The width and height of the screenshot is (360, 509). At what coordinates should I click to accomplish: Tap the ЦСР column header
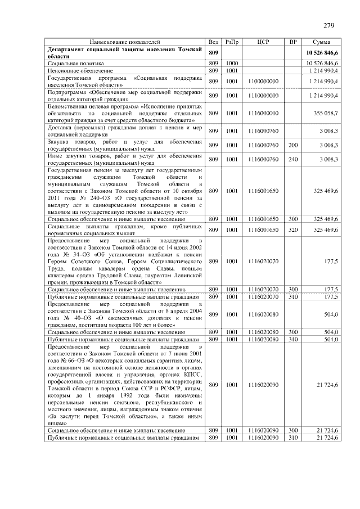263,42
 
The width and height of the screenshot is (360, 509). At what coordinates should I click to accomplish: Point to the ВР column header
292,42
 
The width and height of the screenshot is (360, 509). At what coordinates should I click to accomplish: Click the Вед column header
213,42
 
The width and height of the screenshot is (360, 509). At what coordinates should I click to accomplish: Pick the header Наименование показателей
125,42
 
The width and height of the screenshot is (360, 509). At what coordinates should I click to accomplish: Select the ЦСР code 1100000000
263,82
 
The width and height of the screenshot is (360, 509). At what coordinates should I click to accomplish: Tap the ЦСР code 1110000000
263,96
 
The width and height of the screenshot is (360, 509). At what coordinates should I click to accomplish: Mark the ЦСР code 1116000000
263,113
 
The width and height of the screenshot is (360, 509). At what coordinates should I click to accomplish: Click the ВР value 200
292,145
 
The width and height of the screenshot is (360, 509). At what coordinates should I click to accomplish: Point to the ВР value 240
292,159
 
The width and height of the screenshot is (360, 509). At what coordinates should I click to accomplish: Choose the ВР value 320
292,229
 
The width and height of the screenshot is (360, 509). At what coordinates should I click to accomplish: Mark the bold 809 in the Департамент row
213,53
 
